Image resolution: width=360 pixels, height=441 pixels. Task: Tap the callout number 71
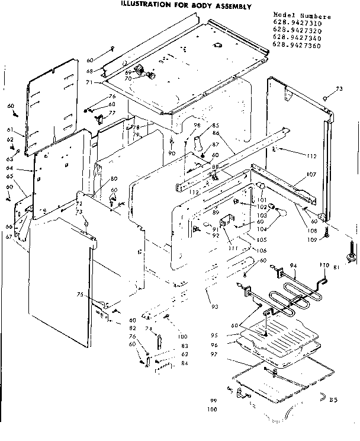click(89, 82)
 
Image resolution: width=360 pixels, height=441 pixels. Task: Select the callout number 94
click(293, 265)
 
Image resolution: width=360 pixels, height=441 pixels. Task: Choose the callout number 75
click(80, 295)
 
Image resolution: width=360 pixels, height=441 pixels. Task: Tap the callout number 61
click(10, 130)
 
